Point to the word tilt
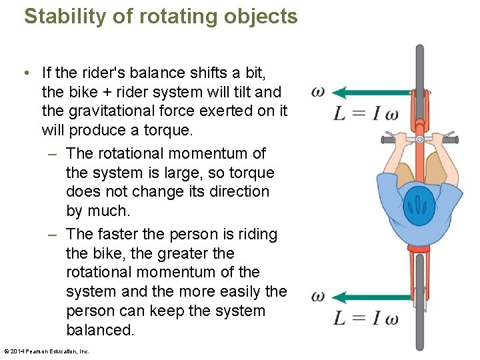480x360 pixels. point(241,91)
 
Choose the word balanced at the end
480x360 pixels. point(100,330)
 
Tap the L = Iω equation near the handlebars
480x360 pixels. point(366,113)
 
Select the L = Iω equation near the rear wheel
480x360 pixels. point(366,318)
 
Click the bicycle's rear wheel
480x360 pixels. point(419,300)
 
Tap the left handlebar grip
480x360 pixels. point(390,139)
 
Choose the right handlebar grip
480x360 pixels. point(449,139)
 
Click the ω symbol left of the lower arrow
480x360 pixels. point(319,297)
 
